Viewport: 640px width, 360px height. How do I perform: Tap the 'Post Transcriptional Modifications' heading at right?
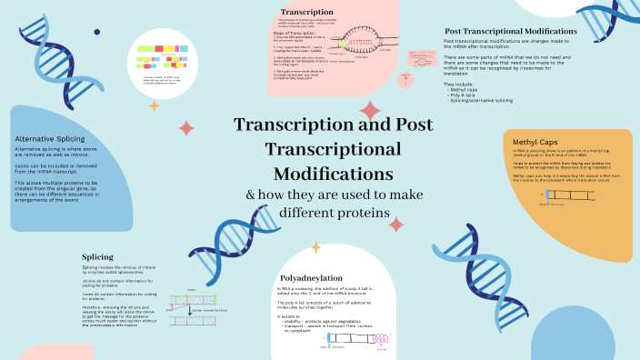click(x=505, y=32)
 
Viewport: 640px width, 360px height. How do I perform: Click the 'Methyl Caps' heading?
click(x=533, y=142)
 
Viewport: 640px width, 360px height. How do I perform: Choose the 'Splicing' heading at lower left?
click(x=97, y=256)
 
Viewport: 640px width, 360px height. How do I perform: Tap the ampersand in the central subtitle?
click(x=253, y=195)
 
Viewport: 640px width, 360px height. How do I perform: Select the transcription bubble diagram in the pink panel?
click(x=365, y=41)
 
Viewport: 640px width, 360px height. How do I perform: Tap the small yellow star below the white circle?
click(x=154, y=106)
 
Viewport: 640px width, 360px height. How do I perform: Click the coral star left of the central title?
click(x=186, y=127)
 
